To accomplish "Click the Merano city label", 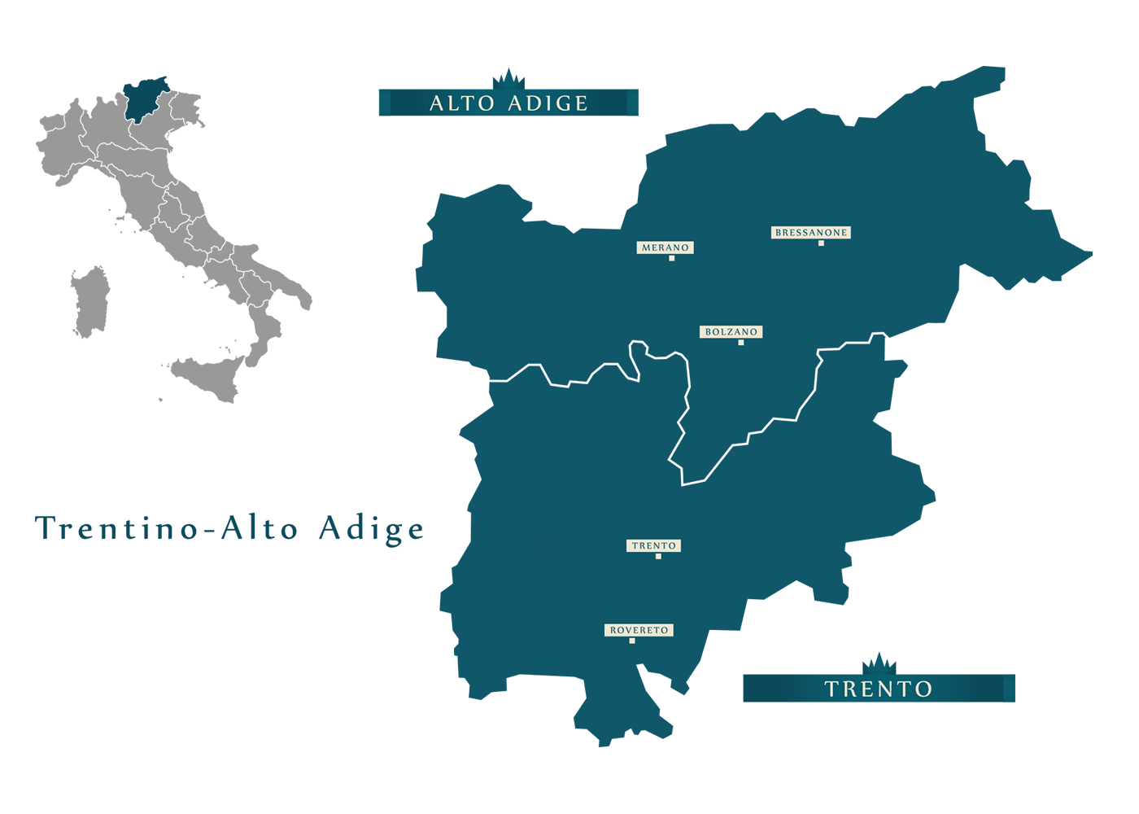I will coord(665,247).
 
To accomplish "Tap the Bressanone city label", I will coord(810,233).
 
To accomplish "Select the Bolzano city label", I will coord(731,332).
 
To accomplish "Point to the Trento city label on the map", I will coord(653,546).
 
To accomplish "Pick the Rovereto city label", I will coord(639,630).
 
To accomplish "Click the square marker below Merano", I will coord(671,258).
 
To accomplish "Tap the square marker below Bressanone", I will coord(821,243).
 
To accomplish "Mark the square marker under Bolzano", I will coord(740,343).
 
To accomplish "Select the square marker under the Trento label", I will coord(658,557).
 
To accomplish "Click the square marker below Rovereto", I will coord(632,641).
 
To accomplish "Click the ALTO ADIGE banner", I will coord(508,103).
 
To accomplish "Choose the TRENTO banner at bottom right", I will coord(879,689).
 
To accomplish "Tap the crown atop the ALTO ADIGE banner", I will coord(508,79).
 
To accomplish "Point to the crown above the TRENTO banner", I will coord(879,663).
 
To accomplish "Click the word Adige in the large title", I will coord(372,529).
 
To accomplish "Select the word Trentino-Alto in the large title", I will coord(167,529).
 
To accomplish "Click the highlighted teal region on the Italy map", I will coord(144,99).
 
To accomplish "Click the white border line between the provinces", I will coord(688,383).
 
